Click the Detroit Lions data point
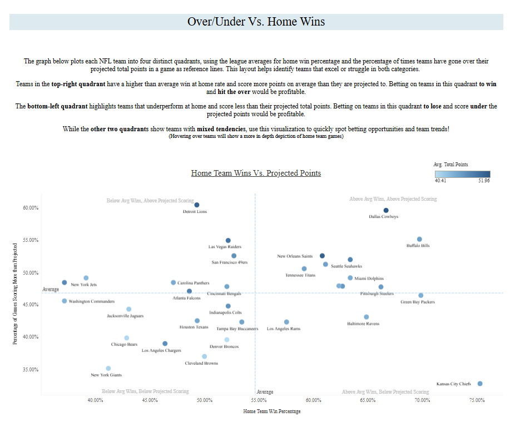tap(196, 205)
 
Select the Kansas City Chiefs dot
tap(480, 384)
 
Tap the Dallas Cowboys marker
tap(386, 210)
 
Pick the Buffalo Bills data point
tap(419, 239)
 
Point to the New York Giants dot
tap(108, 368)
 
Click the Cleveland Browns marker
tap(204, 356)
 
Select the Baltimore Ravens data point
tap(367, 317)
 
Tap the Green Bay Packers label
tap(418, 302)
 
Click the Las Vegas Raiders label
tap(225, 247)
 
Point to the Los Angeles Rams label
tap(284, 329)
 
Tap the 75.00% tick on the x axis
tap(476, 400)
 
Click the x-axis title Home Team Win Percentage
tap(272, 411)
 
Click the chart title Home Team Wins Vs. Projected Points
tap(256, 173)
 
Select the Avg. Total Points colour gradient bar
tap(462, 173)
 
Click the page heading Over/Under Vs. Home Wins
tap(256, 22)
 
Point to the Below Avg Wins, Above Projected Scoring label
tap(150, 200)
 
